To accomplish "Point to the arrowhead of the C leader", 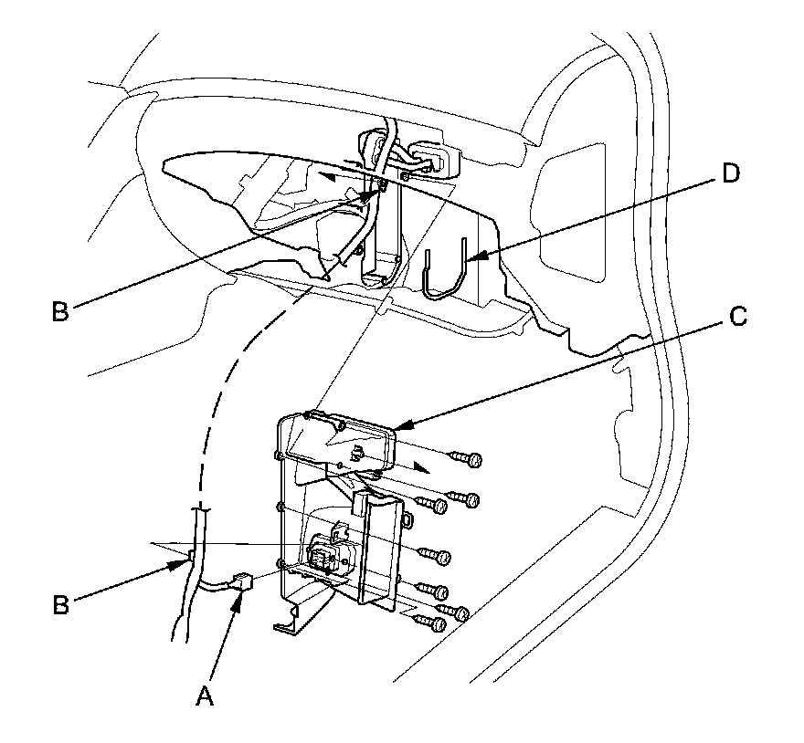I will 398,426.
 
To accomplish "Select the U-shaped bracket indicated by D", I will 445,270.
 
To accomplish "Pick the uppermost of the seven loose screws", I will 471,458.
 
